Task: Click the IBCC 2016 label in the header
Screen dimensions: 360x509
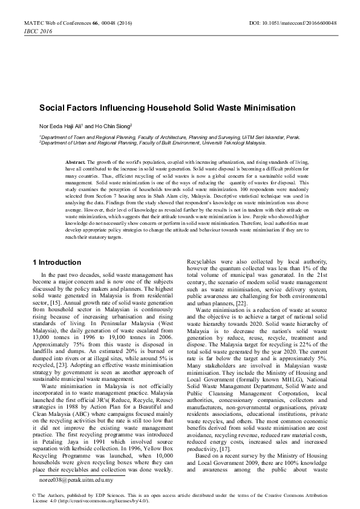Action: click(x=20, y=30)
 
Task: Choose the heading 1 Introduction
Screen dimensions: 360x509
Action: click(x=56, y=262)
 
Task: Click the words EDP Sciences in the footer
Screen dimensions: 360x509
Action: click(x=85, y=495)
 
